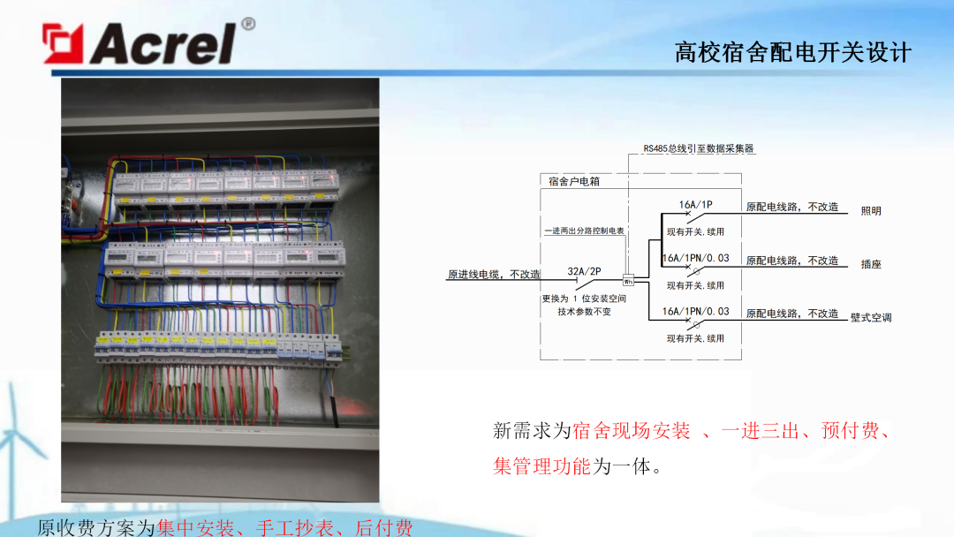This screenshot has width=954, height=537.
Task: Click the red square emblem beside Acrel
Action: point(64,43)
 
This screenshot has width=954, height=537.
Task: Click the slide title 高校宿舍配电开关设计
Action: point(792,52)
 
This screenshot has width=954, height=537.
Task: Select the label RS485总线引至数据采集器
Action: point(699,149)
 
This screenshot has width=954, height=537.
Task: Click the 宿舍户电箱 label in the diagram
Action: point(573,182)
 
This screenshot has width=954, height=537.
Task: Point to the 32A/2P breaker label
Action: point(584,271)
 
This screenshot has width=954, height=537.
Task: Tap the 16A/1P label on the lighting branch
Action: point(695,205)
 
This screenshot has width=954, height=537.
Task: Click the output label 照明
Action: point(871,211)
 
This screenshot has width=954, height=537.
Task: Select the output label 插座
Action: point(871,264)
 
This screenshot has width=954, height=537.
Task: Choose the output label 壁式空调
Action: point(870,317)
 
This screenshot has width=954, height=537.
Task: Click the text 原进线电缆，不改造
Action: point(494,275)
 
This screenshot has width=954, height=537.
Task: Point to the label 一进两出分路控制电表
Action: point(584,231)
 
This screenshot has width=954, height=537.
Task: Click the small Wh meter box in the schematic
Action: point(629,281)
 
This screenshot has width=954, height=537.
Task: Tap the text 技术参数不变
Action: point(584,312)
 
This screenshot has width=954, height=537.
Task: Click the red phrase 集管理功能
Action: point(541,465)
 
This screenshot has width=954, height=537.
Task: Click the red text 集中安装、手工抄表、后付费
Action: point(284,527)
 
